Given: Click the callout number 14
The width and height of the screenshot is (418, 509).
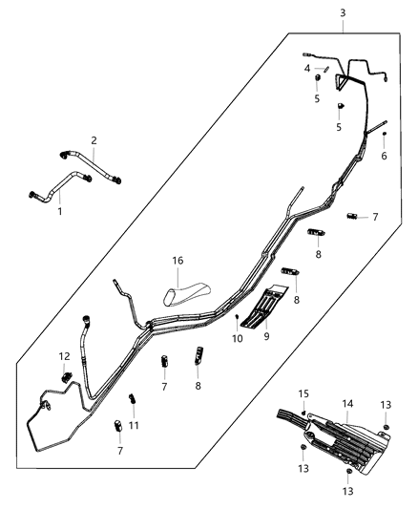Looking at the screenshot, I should [348, 405].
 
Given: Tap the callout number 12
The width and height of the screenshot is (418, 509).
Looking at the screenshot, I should [65, 357].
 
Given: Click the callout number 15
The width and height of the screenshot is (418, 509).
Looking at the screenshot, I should [304, 393].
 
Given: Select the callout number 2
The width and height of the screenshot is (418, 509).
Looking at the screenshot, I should [94, 140].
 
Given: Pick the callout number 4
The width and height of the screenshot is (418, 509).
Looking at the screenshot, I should [307, 69].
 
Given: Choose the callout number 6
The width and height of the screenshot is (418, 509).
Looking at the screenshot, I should [384, 157].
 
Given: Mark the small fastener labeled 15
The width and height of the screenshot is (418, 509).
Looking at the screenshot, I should [303, 412].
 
